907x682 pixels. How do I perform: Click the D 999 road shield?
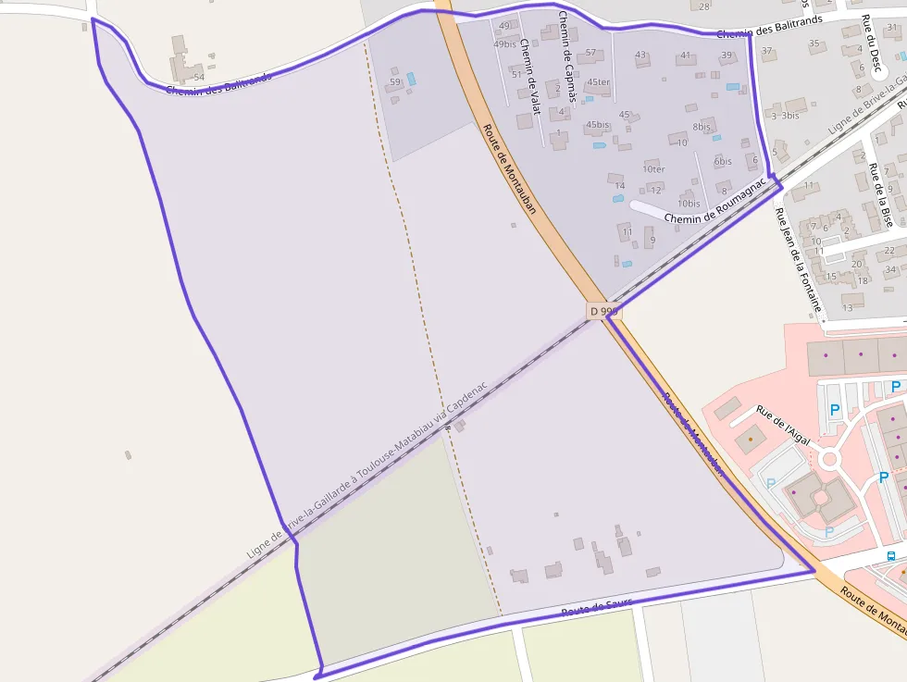point(603,312)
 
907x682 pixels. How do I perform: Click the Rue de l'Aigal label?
point(783,426)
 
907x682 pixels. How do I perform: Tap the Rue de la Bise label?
point(880,194)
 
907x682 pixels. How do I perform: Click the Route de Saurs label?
point(596,608)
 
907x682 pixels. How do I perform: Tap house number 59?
point(395,82)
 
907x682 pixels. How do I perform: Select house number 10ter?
point(653,169)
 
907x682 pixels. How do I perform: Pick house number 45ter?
point(599,82)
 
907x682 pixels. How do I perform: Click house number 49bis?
point(504,44)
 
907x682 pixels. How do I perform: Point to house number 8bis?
point(702,127)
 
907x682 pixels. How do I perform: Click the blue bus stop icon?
point(891,556)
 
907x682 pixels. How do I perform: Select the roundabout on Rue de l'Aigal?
point(829,458)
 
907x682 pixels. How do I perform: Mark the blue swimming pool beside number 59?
point(411,80)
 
